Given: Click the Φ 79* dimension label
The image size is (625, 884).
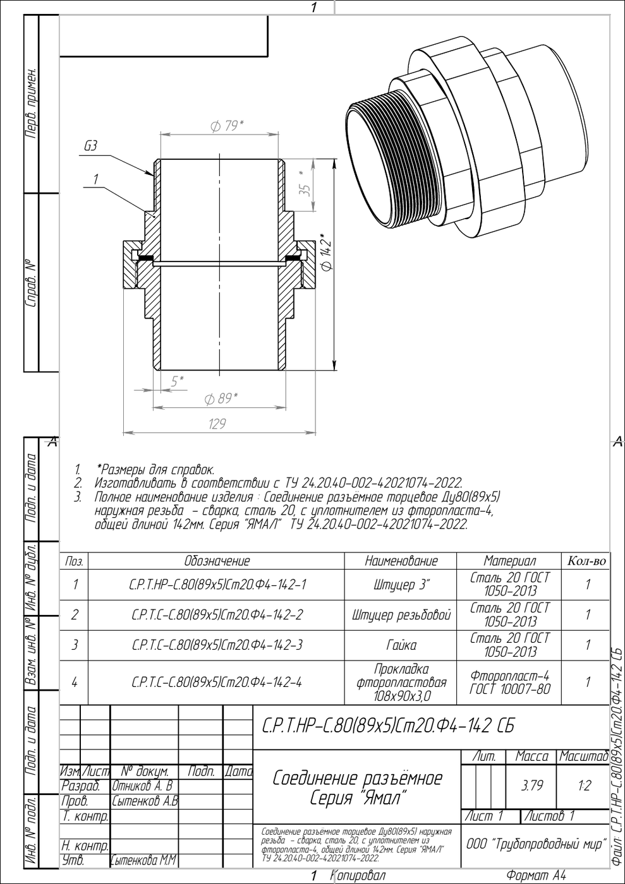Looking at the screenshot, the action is [227, 126].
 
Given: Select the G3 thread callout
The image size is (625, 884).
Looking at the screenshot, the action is [90, 146].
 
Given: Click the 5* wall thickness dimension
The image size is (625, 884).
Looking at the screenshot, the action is [178, 381].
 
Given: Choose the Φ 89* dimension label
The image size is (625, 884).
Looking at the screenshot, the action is [221, 399].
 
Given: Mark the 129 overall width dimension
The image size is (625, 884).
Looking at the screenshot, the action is [217, 424].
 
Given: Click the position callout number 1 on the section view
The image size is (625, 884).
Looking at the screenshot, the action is [95, 179].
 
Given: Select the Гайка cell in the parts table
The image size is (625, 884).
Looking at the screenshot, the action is [401, 645].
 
